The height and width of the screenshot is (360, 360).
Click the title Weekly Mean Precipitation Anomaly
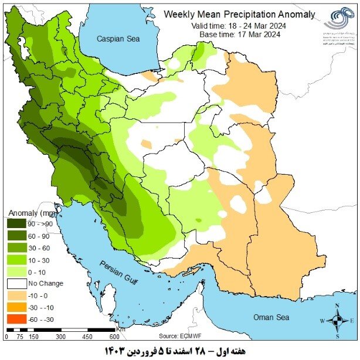(x=239, y=14)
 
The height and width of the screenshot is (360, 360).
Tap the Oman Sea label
(x=271, y=317)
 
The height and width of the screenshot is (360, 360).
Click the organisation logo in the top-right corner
(x=338, y=22)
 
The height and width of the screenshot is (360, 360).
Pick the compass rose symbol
(x=337, y=321)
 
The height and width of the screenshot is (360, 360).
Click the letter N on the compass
(x=337, y=306)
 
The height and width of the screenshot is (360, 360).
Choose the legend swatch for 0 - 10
(x=18, y=271)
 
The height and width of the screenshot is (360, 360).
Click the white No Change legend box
(x=18, y=283)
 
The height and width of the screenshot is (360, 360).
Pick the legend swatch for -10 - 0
(x=18, y=295)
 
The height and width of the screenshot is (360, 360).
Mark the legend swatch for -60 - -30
(x=18, y=319)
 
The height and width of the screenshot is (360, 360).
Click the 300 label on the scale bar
(x=60, y=337)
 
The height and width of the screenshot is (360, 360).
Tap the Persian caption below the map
(x=179, y=350)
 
